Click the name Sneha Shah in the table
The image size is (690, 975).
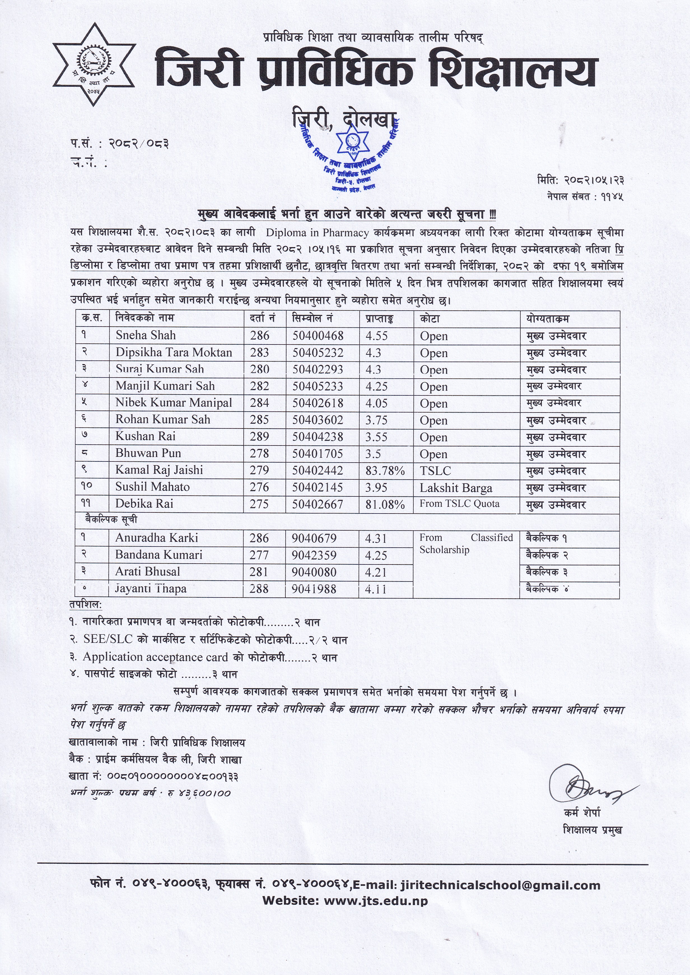click(145, 336)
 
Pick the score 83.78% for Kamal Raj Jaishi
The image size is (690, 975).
click(385, 470)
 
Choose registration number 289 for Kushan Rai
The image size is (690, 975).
click(259, 437)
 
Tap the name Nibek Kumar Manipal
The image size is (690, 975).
click(174, 403)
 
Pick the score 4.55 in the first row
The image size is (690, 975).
click(376, 336)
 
